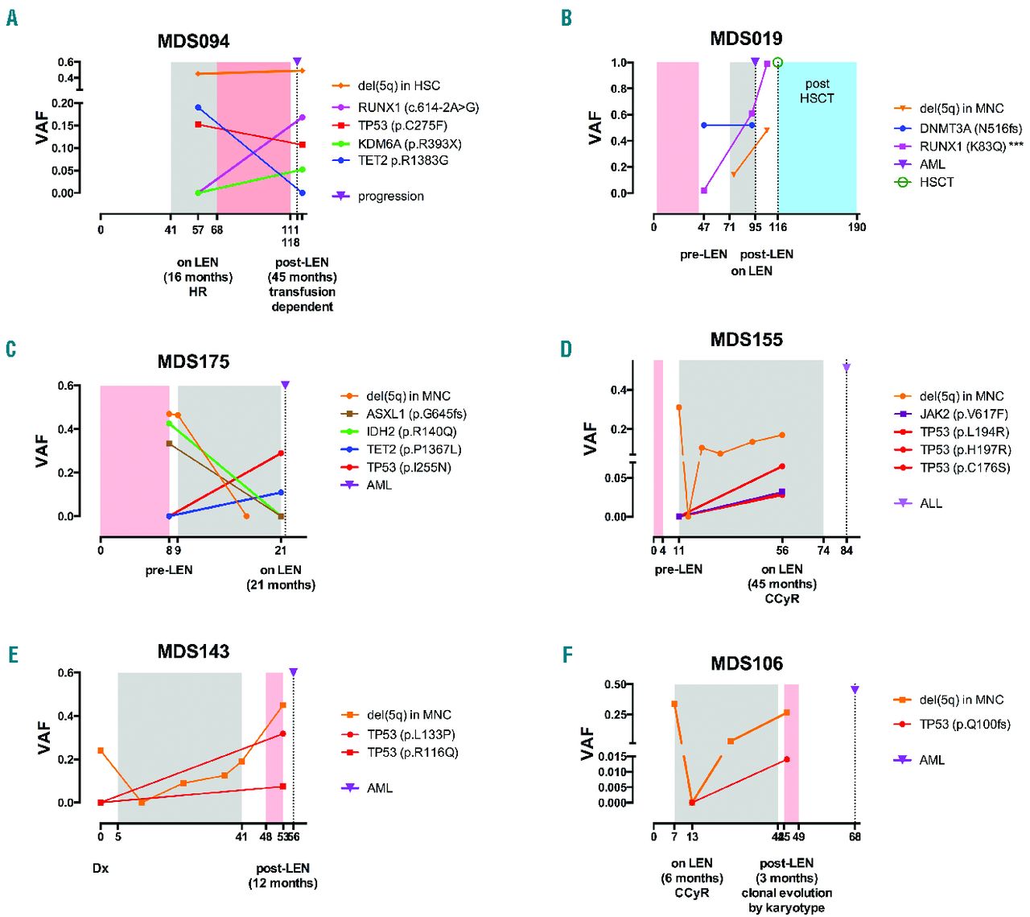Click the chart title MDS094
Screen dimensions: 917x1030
pos(193,41)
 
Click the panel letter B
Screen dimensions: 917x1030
pos(566,18)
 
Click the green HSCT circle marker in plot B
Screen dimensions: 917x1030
pos(777,63)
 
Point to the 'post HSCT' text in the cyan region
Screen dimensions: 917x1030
pos(817,91)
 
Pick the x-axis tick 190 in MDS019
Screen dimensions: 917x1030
pos(856,227)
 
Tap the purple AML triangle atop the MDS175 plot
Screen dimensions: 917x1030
pos(285,385)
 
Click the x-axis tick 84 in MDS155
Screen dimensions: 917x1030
pos(847,551)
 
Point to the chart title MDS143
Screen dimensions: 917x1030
pos(193,651)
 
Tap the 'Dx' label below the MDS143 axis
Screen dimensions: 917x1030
pos(101,868)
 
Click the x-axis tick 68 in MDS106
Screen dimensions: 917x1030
pos(855,836)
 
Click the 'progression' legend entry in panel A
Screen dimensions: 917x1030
pos(390,196)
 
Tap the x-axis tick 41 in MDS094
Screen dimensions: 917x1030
pos(171,230)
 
